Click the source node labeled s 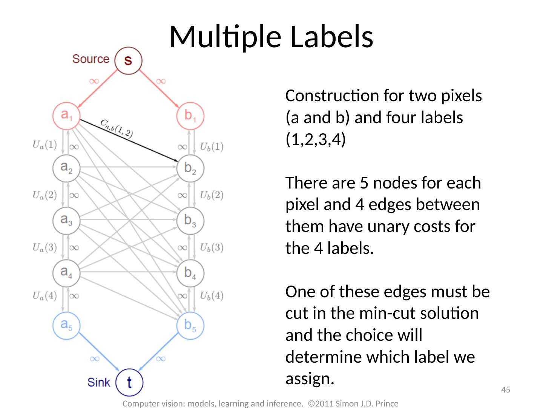click(x=128, y=60)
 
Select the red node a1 click(x=66, y=115)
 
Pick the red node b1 click(x=190, y=115)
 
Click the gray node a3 click(x=66, y=220)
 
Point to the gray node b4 click(x=190, y=273)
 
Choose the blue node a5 click(x=66, y=325)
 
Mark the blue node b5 click(x=190, y=325)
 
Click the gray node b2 click(x=190, y=168)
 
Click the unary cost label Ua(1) click(x=44, y=145)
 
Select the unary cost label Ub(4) click(x=212, y=295)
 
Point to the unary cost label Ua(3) click(x=44, y=247)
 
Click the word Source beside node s click(x=91, y=59)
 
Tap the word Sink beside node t click(x=99, y=382)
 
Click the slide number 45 click(x=505, y=389)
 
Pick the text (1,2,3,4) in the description click(x=315, y=139)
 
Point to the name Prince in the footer click(x=386, y=403)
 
